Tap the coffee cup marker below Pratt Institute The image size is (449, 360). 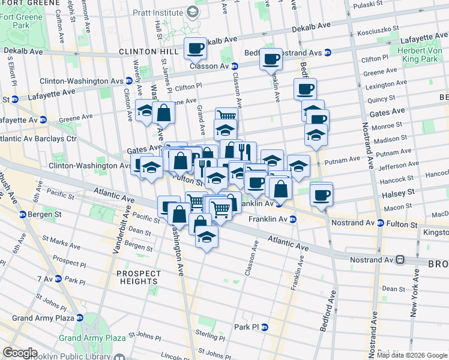pyautogui.click(x=194, y=48)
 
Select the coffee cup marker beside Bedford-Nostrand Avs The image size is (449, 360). pyautogui.click(x=271, y=59)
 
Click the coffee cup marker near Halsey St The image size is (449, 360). pyautogui.click(x=321, y=194)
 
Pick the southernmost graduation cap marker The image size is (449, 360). pyautogui.click(x=206, y=235)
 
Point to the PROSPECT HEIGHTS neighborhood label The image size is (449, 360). pyautogui.click(x=139, y=277)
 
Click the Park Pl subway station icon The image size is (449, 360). pyautogui.click(x=264, y=327)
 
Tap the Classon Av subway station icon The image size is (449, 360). pyautogui.click(x=235, y=66)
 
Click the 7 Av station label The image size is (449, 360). pyautogui.click(x=44, y=279)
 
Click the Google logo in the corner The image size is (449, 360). pyautogui.click(x=20, y=353)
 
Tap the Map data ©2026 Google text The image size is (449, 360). pyautogui.click(x=412, y=355)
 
